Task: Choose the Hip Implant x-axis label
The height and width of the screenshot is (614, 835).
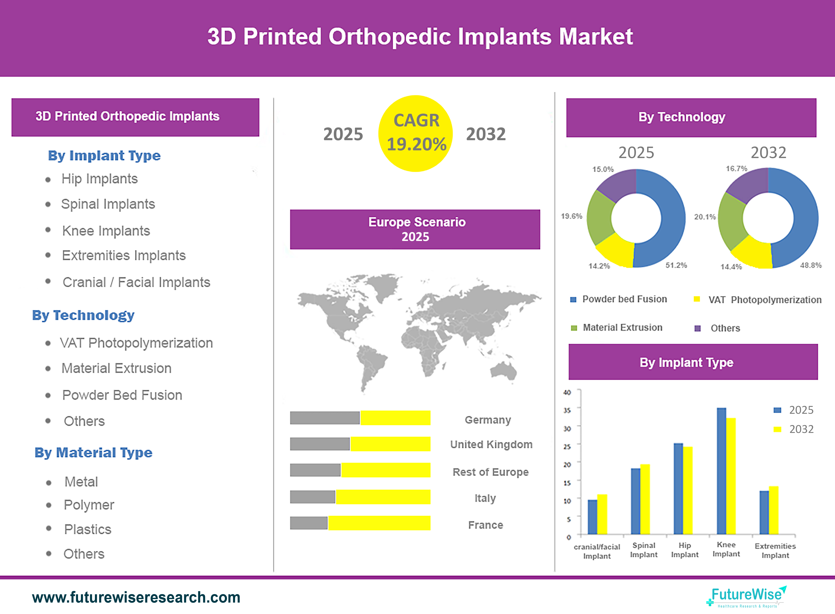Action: point(685,550)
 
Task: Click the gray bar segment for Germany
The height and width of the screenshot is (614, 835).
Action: point(325,418)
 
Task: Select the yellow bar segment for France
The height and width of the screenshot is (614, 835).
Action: point(379,523)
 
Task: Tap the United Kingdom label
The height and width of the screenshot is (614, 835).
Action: point(491,445)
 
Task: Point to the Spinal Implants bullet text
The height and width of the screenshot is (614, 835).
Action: point(108,204)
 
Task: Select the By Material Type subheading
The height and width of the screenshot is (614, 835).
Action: point(94,453)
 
